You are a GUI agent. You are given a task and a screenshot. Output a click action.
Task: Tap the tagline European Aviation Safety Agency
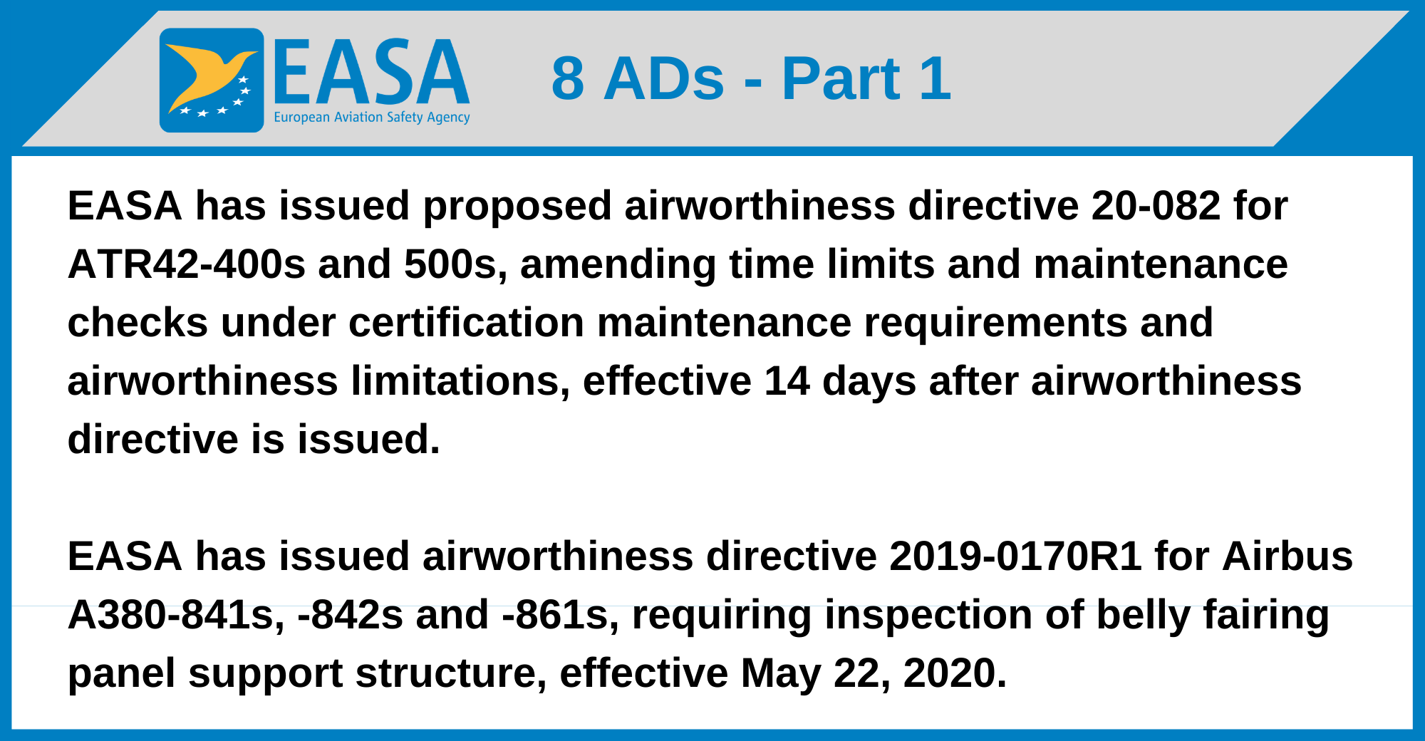371,118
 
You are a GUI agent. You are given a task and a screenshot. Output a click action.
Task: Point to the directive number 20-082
1155,206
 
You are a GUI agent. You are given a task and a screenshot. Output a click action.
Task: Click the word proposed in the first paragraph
517,206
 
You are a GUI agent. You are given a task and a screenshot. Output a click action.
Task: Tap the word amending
618,264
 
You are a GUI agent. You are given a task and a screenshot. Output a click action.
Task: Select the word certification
466,323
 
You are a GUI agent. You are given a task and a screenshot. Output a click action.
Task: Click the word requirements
995,323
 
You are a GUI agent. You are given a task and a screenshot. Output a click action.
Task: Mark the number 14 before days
787,381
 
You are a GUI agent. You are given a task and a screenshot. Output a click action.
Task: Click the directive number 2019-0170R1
1016,556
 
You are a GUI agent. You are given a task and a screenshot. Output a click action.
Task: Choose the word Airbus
1287,556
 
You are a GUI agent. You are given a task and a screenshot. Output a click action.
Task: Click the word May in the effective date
780,673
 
